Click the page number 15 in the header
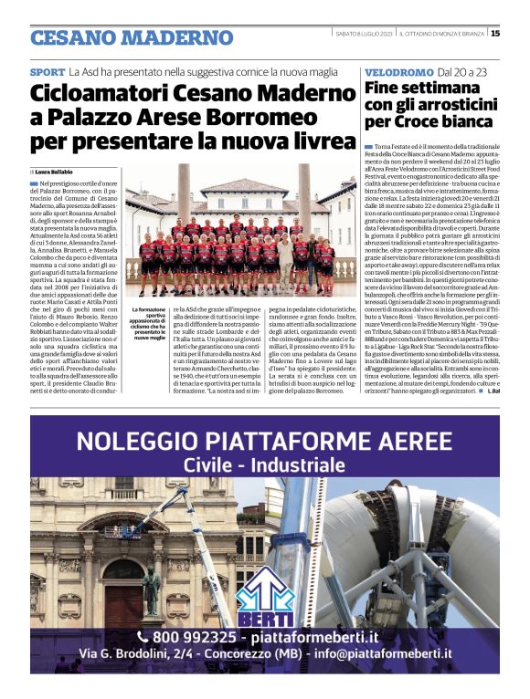click(x=494, y=34)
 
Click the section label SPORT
click(x=48, y=71)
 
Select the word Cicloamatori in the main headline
click(x=98, y=94)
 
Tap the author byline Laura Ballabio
click(x=57, y=171)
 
